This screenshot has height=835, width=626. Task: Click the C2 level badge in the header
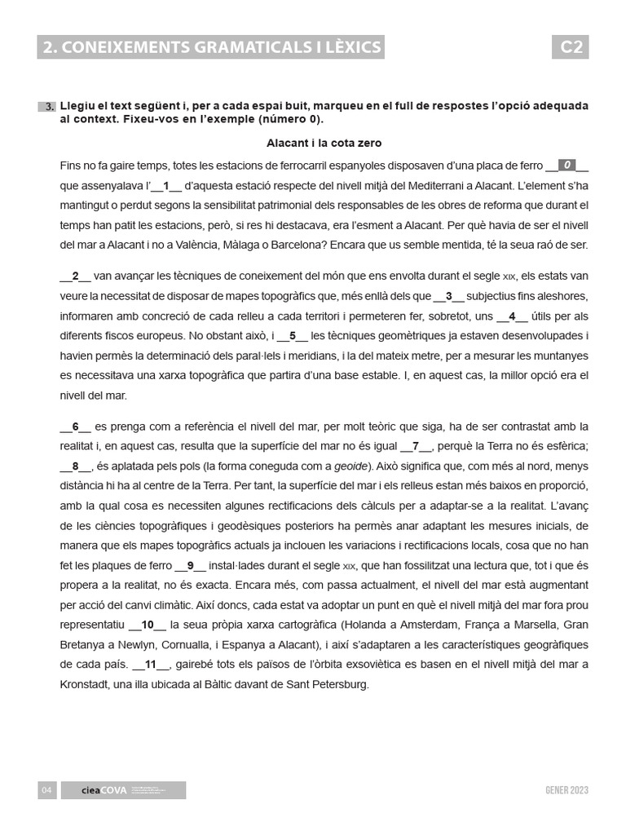coord(570,47)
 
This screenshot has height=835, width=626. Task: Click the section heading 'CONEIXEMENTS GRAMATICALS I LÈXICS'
coord(211,47)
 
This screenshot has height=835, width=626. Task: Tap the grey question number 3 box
coord(48,107)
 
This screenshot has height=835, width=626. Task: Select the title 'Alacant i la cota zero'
coord(324,143)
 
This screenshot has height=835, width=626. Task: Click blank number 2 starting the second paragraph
coord(75,276)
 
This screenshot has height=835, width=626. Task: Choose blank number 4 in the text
coord(512,316)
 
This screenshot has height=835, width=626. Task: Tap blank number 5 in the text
coord(293,335)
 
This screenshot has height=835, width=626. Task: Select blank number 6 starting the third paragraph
coord(75,426)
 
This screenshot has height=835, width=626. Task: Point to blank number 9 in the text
coord(190,565)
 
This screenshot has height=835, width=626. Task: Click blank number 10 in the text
coord(148,625)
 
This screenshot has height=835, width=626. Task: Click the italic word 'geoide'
coord(349,466)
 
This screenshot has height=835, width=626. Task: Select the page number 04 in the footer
coord(46,790)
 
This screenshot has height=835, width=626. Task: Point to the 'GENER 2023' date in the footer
coord(566,790)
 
